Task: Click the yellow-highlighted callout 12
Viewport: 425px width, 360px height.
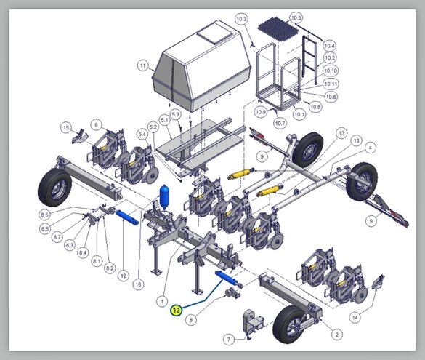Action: click(x=177, y=310)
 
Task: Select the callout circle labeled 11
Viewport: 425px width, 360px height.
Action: click(x=143, y=65)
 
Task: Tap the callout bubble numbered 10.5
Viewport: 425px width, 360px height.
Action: click(x=296, y=18)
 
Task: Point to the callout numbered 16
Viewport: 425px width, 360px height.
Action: click(x=138, y=284)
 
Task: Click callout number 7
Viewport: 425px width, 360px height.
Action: click(x=229, y=339)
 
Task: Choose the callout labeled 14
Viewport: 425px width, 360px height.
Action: click(x=355, y=317)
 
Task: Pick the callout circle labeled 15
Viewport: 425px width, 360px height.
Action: click(x=66, y=127)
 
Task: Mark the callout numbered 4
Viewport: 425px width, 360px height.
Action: click(x=371, y=148)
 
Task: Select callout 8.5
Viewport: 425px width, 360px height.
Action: click(x=45, y=215)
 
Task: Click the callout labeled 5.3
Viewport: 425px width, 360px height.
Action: click(x=176, y=114)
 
